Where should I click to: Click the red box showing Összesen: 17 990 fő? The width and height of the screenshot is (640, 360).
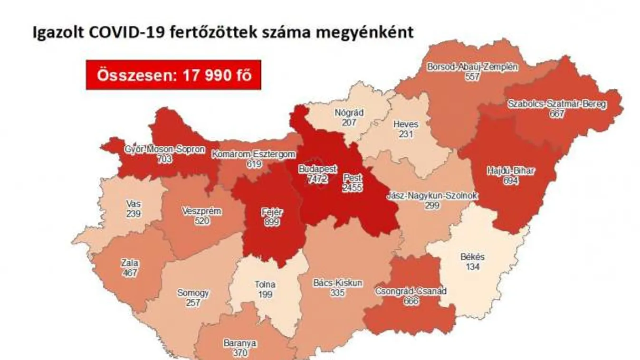[173, 75]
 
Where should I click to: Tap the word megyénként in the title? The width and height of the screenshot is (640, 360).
[366, 32]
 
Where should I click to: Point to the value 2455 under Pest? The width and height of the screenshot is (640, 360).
[353, 188]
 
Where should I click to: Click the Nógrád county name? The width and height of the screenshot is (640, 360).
[349, 113]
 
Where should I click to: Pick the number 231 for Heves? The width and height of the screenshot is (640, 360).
[406, 134]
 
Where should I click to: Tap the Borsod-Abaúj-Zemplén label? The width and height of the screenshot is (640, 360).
[473, 67]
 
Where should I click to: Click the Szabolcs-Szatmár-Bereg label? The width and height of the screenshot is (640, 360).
[556, 104]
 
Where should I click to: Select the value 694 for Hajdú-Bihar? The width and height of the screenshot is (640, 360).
[511, 181]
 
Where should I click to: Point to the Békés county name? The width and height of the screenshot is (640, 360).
[472, 257]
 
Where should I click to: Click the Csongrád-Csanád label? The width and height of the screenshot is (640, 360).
[411, 291]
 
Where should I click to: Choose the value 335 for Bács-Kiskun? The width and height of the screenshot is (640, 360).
[337, 293]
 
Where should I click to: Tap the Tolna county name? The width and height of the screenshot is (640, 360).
[264, 285]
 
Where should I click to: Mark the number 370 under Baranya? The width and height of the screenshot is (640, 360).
[240, 352]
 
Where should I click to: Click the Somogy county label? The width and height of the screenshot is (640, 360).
[193, 293]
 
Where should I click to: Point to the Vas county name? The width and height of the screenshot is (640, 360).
[133, 203]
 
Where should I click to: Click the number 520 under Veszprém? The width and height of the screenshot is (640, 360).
[201, 221]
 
